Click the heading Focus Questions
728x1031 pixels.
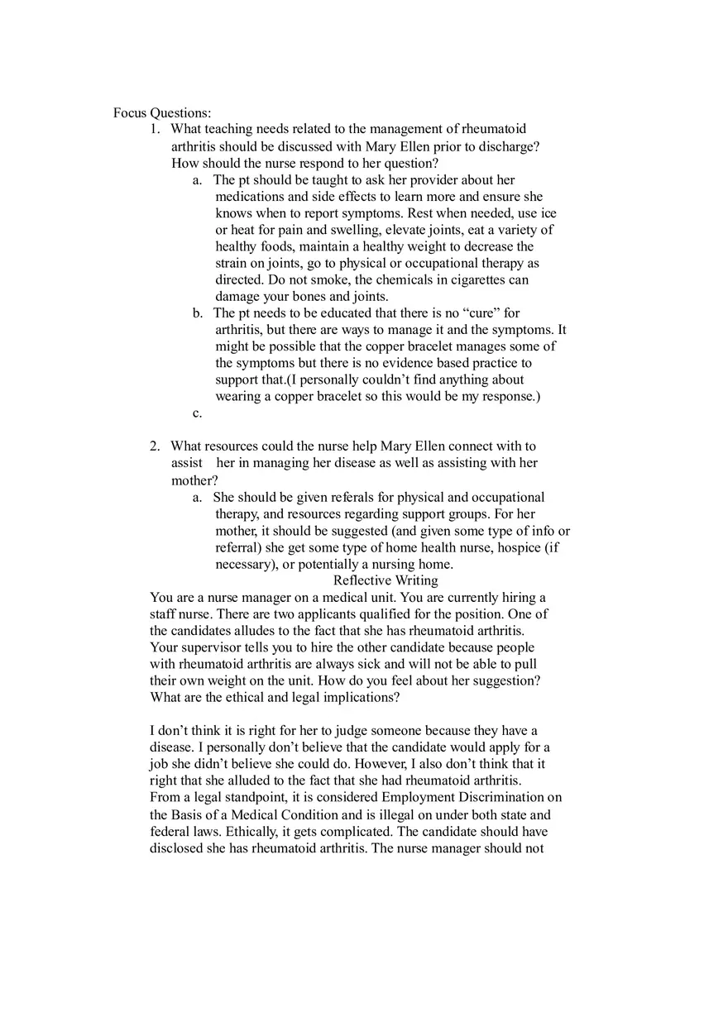tap(162, 112)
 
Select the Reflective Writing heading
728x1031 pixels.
tap(386, 580)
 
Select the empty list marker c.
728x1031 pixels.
tap(197, 413)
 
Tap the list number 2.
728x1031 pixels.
tap(155, 446)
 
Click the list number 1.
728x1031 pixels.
tap(155, 129)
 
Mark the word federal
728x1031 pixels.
tap(170, 831)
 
